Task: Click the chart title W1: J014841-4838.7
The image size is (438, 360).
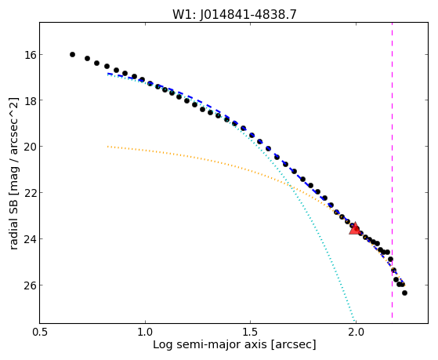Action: coord(234,14)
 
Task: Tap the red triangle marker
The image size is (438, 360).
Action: coord(355,228)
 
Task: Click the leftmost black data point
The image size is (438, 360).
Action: coord(72,55)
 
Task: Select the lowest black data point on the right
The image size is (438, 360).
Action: coord(404,293)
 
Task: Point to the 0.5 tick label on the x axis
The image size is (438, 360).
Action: coord(40,332)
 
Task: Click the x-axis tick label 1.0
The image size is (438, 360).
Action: coord(145,332)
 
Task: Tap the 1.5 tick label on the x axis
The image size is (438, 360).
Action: coord(251,332)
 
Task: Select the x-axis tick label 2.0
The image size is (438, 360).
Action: coord(356,332)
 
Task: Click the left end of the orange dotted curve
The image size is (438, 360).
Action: coord(108,147)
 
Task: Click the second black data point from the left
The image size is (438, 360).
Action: coord(87,59)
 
